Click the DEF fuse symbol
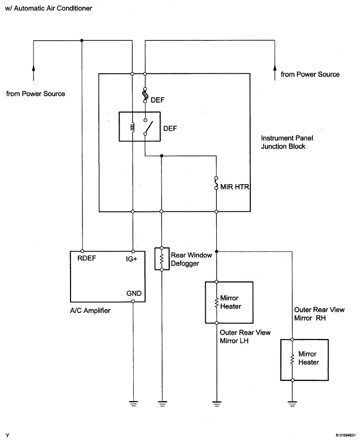[145, 95]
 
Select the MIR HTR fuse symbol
[216, 183]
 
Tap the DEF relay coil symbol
[133, 128]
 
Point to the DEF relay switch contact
[148, 127]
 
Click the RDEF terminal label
[87, 258]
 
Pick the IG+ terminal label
[132, 259]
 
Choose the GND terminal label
[134, 293]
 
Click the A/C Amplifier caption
[90, 310]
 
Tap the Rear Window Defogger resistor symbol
[162, 259]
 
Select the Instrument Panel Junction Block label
[287, 142]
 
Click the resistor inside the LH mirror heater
[216, 302]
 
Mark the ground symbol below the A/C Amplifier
[134, 403]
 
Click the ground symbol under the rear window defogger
[162, 403]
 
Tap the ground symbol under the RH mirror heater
[293, 403]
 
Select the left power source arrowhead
[33, 68]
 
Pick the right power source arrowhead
[275, 69]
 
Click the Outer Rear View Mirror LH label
[245, 336]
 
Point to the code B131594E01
[345, 435]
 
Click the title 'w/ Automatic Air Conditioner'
[49, 8]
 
